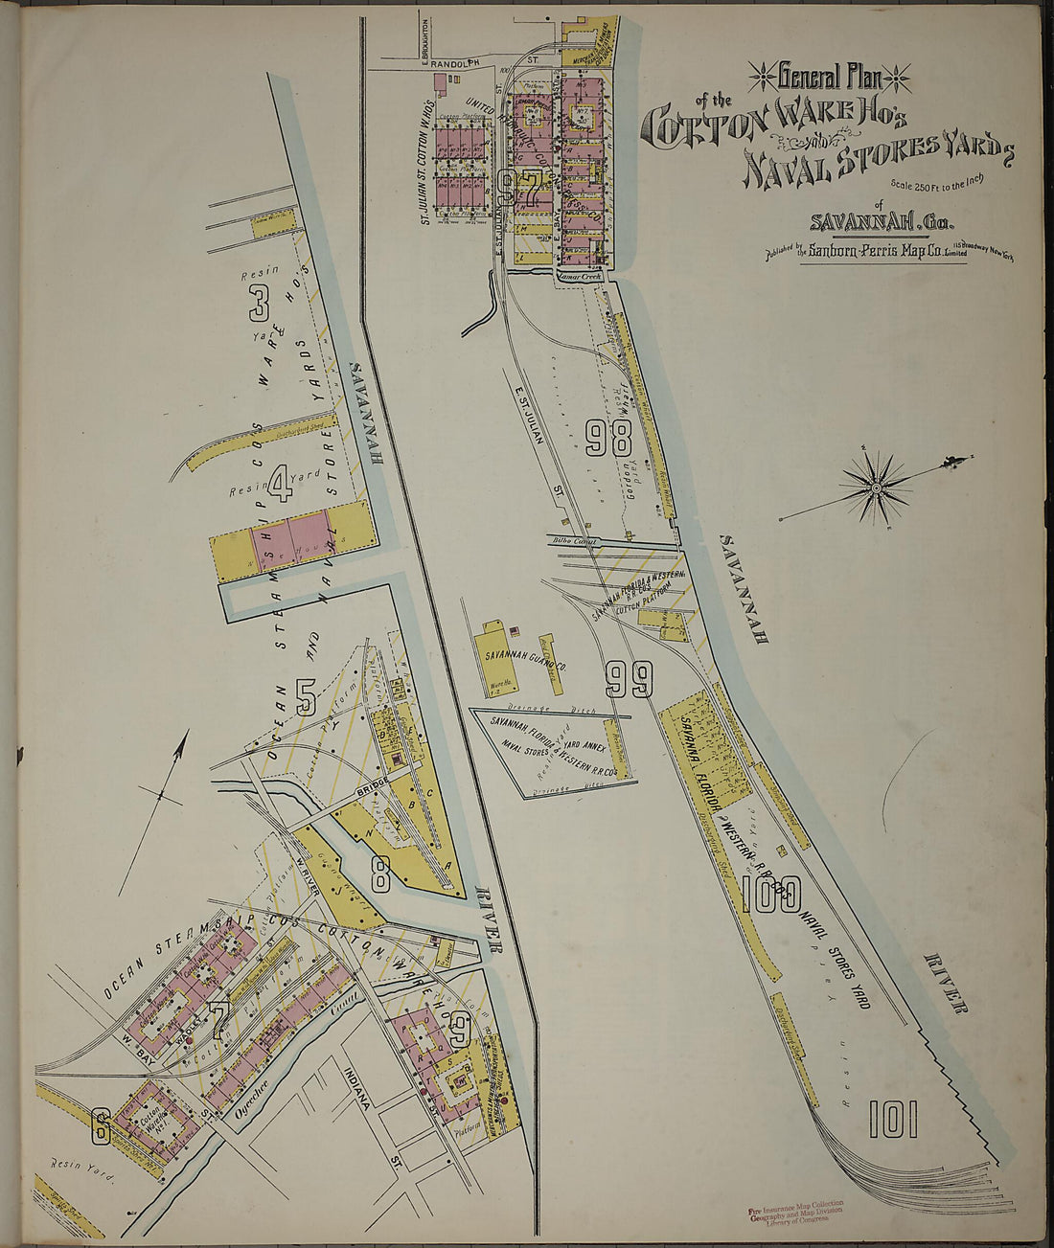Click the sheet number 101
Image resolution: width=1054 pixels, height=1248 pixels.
pos(893,1119)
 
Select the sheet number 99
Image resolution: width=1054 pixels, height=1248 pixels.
pos(629,679)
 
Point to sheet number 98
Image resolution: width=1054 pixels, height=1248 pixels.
pos(609,438)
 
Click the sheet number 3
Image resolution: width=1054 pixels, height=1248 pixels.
pos(259,303)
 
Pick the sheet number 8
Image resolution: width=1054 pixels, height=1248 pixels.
pos(380,873)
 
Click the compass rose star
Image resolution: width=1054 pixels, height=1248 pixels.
pos(877,488)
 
